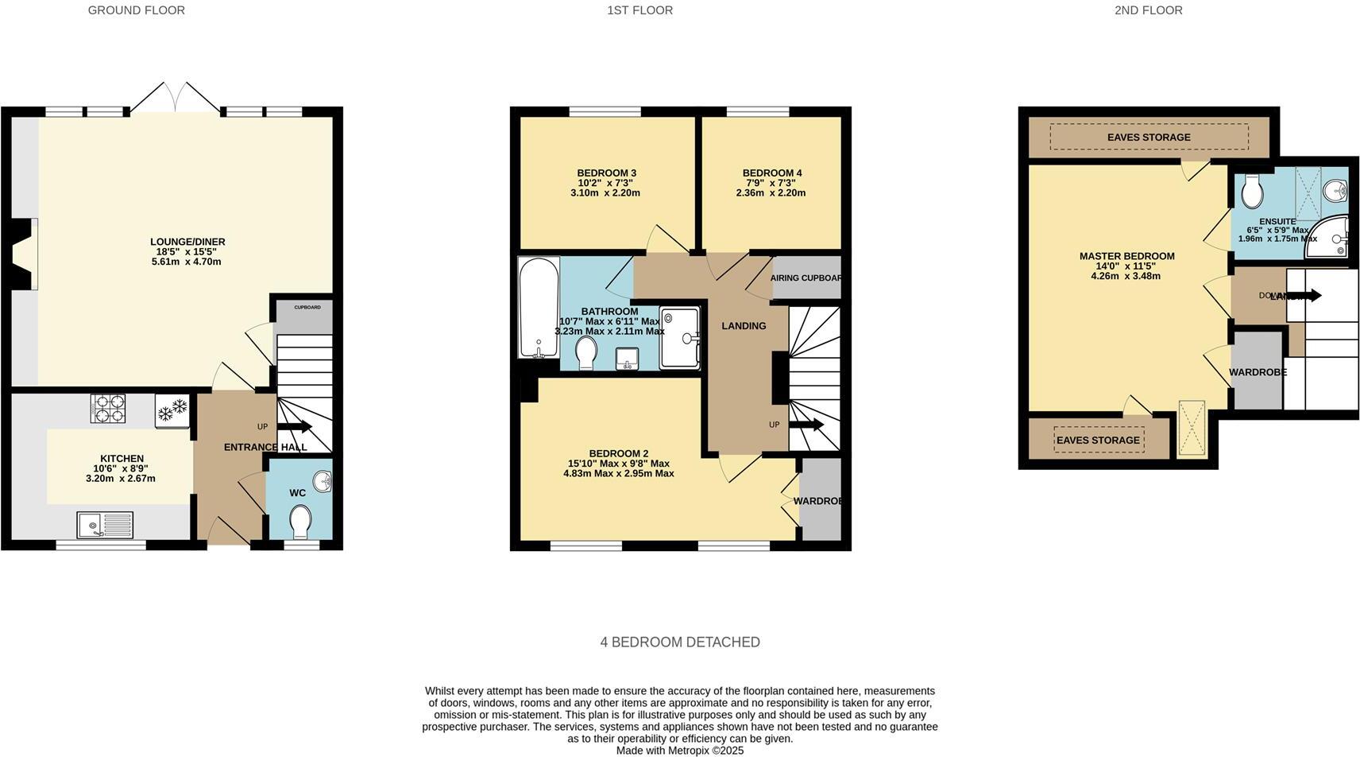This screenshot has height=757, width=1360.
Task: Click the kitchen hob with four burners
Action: (x=108, y=408)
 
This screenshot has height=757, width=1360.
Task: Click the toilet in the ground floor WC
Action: (x=300, y=522)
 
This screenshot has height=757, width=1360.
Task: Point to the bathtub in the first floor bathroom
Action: (x=539, y=307)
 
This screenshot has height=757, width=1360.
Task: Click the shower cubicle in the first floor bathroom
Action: (x=680, y=338)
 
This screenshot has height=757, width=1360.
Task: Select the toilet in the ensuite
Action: (x=1253, y=190)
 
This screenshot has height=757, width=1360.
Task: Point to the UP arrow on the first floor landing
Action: (x=809, y=425)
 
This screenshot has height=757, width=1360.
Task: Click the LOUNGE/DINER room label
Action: (x=187, y=242)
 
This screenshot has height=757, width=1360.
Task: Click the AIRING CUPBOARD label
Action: (x=806, y=278)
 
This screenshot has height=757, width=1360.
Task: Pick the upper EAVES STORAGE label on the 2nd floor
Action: (x=1149, y=138)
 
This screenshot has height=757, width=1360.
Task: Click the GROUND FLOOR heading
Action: (x=137, y=10)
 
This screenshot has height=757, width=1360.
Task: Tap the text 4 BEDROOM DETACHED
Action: (x=679, y=642)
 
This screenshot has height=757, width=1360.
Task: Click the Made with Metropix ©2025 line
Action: (x=679, y=750)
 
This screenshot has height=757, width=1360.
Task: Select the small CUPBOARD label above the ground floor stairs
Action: (x=307, y=307)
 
